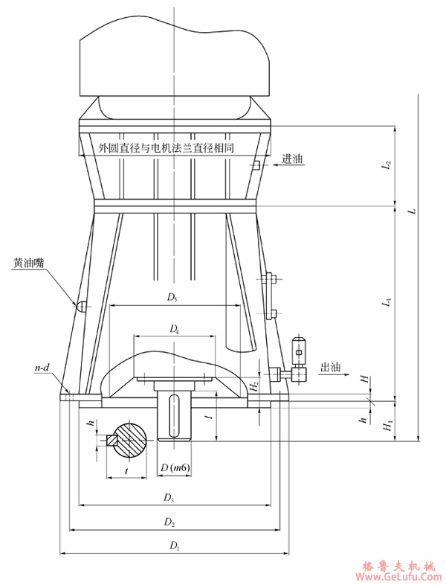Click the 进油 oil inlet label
click(292, 159)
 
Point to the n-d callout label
click(42, 368)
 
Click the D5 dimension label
click(172, 298)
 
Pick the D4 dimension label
click(174, 328)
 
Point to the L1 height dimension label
click(385, 302)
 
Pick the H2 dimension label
click(254, 384)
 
